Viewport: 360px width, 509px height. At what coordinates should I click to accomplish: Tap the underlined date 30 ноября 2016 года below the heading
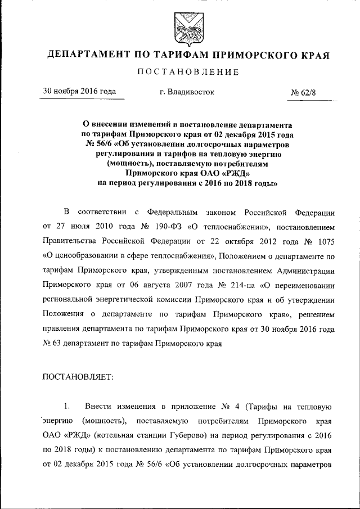(80, 92)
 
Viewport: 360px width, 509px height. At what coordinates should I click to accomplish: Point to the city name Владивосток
(187, 92)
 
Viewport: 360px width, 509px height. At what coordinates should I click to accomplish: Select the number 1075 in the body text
(326, 241)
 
